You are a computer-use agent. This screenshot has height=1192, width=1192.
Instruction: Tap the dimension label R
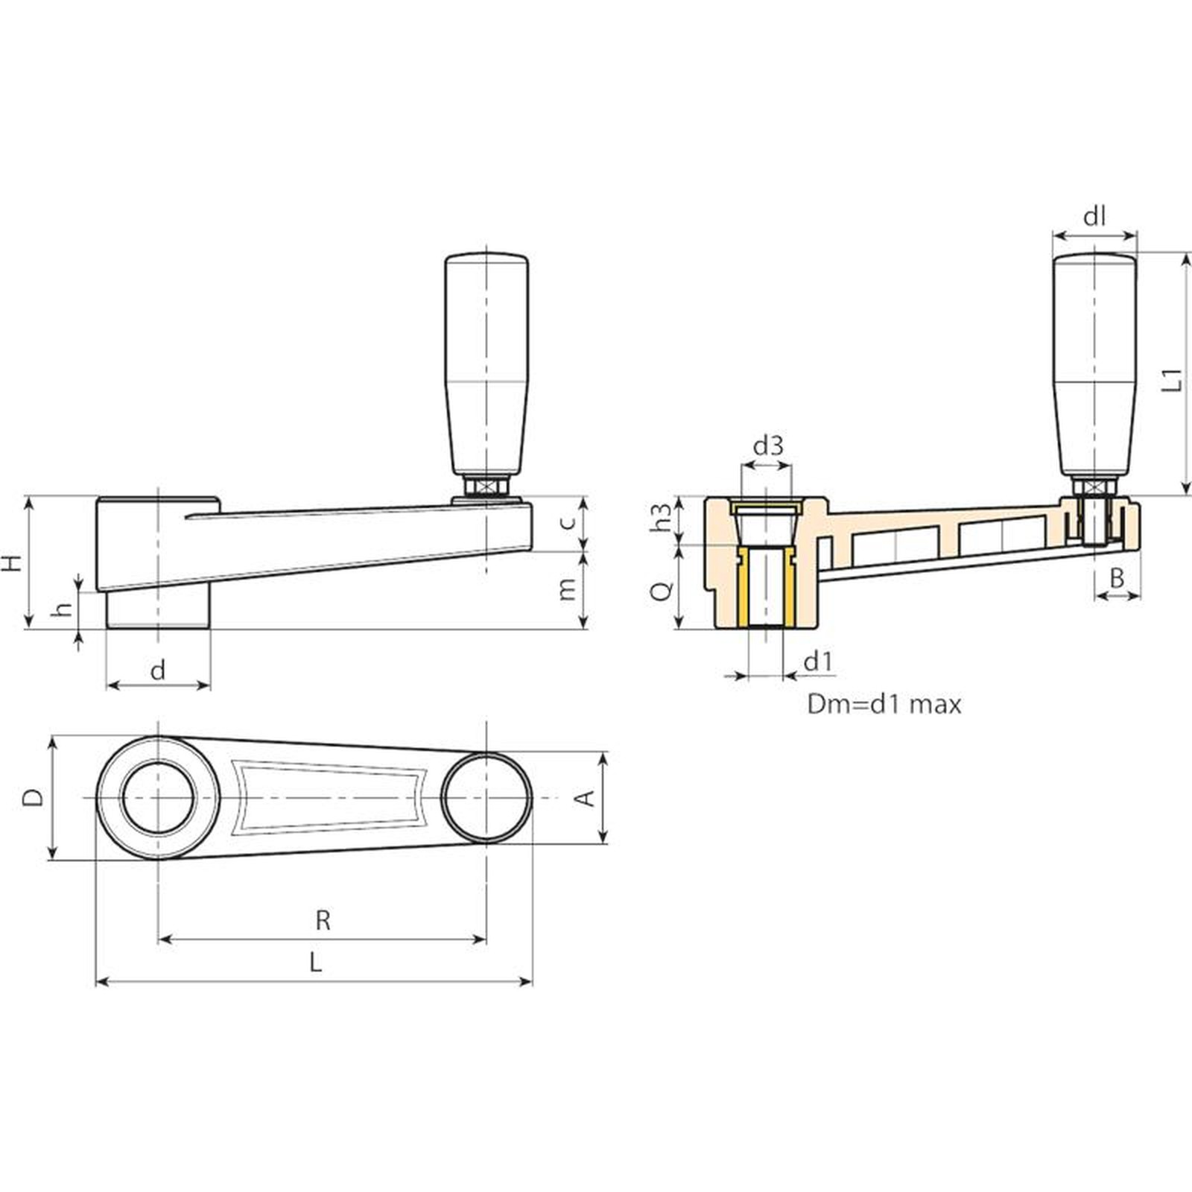pyautogui.click(x=323, y=921)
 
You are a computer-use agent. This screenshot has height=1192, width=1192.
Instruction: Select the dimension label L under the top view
pyautogui.click(x=316, y=963)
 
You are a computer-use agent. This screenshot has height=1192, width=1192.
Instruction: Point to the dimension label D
pyautogui.click(x=33, y=798)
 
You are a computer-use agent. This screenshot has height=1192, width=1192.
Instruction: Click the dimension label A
pyautogui.click(x=587, y=798)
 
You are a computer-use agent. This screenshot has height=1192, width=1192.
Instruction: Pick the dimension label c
pyautogui.click(x=568, y=522)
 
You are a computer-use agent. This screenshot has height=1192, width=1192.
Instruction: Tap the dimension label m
pyautogui.click(x=568, y=589)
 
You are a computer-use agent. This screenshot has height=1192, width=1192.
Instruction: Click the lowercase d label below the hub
pyautogui.click(x=158, y=671)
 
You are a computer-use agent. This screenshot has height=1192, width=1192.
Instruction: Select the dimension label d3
pyautogui.click(x=768, y=446)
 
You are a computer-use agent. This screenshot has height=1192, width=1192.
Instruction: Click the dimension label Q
pyautogui.click(x=662, y=590)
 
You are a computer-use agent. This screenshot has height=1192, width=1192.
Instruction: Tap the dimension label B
pyautogui.click(x=1117, y=577)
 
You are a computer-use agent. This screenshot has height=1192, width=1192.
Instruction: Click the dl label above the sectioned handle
pyautogui.click(x=1094, y=218)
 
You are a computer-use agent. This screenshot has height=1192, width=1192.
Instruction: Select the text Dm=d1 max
pyautogui.click(x=884, y=704)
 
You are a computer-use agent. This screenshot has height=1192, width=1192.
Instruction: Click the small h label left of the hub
pyautogui.click(x=65, y=609)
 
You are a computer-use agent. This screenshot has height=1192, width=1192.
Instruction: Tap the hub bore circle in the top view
pyautogui.click(x=158, y=798)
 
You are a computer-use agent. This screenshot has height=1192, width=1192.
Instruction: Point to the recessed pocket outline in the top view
pyautogui.click(x=328, y=797)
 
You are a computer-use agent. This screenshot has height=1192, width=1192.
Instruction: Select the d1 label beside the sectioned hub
pyautogui.click(x=817, y=661)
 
